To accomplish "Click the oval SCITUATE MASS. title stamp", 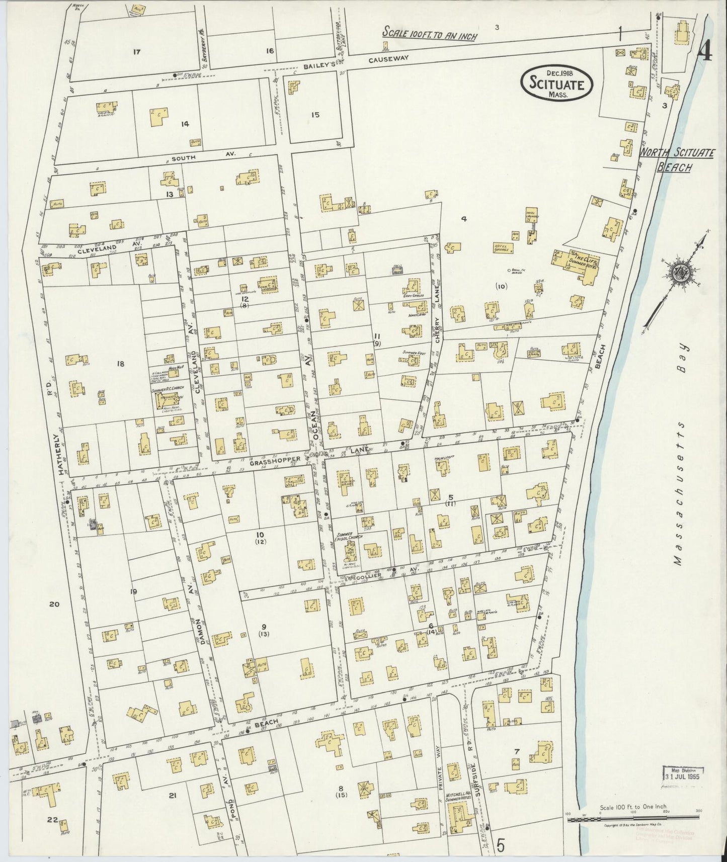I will [556, 84].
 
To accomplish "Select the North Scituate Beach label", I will [676, 159].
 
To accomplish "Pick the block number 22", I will [52, 819].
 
